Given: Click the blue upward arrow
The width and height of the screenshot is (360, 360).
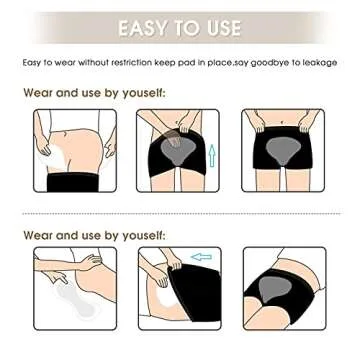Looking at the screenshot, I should [x=210, y=156].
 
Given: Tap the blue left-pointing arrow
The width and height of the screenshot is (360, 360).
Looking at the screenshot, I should [x=201, y=257].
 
